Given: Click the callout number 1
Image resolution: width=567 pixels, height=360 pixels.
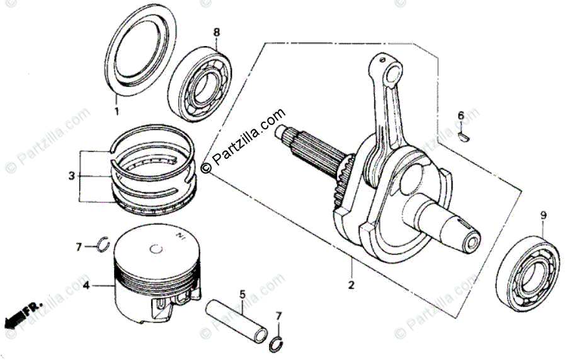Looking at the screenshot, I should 116,112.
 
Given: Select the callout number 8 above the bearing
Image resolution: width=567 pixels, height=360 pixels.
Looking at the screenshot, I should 216,32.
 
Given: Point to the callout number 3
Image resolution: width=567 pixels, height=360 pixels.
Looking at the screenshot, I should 71,175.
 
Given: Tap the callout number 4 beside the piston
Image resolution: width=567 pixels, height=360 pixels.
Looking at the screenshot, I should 86,286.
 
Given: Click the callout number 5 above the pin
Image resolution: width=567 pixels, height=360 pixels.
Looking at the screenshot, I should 241,294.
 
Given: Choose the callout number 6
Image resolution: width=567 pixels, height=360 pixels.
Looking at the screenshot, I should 461,115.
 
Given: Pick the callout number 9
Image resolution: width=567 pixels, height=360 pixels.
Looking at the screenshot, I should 542,216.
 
